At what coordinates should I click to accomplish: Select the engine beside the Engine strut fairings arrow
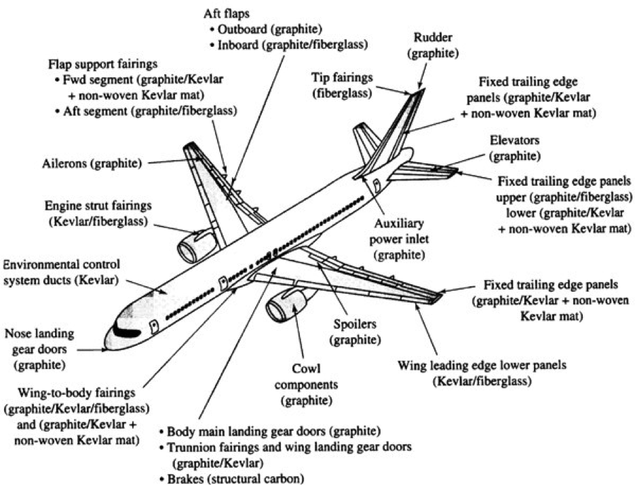coord(194,246)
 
